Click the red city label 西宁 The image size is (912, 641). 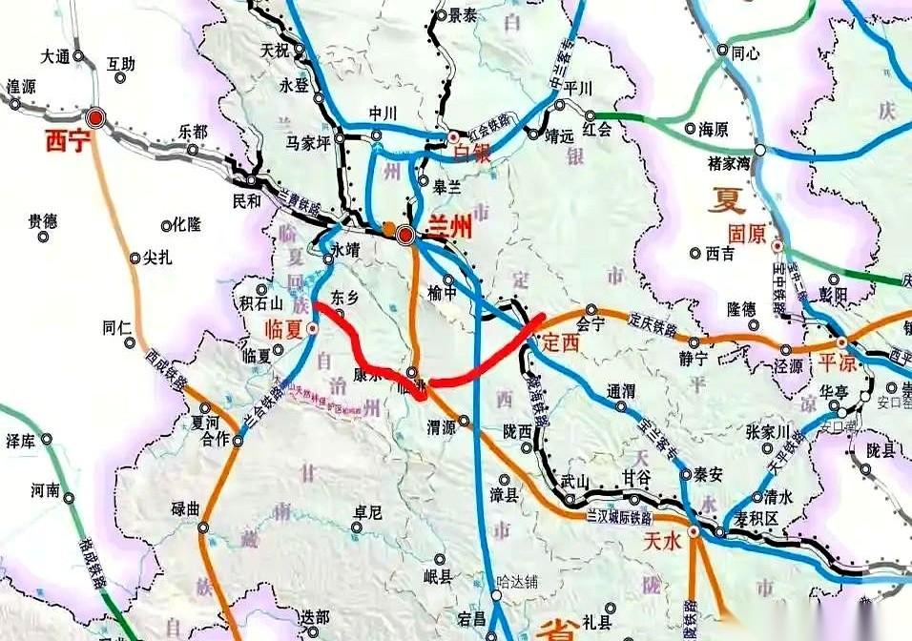(66, 143)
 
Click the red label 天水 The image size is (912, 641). (663, 541)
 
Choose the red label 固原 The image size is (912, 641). (748, 233)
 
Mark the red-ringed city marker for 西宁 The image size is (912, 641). (95, 118)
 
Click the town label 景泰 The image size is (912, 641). (463, 15)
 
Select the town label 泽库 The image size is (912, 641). (21, 440)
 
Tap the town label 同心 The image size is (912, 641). (745, 53)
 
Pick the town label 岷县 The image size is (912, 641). (439, 576)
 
